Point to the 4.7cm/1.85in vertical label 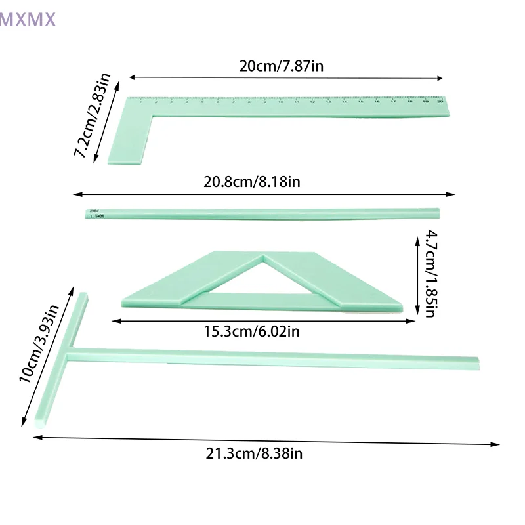tap(430, 272)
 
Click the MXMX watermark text tap(28, 20)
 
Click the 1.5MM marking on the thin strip tap(94, 215)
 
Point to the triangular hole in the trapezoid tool tap(264, 276)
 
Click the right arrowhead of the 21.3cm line tap(497, 444)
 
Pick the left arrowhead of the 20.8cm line tap(77, 194)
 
